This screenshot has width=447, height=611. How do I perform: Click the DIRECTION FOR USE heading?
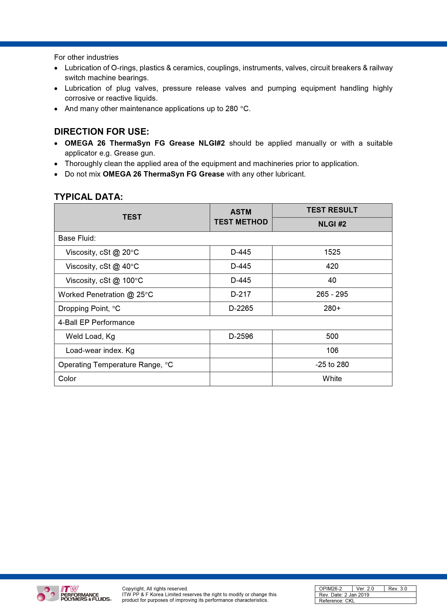coord(101,132)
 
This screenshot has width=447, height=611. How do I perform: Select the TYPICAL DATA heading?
coord(88,197)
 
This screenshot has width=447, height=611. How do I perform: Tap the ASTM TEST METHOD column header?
coord(241,217)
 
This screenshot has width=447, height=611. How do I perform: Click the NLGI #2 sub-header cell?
coord(332,224)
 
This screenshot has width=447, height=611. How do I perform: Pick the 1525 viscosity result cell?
coord(332,252)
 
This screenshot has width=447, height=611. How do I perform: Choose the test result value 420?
coord(332,266)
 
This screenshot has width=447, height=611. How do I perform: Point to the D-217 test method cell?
coord(241,294)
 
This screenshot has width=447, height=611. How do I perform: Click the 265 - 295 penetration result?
coord(332,294)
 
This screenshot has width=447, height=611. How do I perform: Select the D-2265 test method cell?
coord(241,308)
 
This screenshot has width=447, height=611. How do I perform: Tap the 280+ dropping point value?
coord(332,308)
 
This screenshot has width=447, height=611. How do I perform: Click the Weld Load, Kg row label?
coord(90,336)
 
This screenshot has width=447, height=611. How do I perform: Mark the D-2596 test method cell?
coord(241,336)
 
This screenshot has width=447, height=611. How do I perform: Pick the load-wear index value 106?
coord(332,351)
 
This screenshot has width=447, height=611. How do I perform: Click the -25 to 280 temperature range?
coord(332,365)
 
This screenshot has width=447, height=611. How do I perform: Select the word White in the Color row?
coord(332,379)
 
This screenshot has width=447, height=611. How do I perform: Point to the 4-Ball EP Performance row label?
coord(96,322)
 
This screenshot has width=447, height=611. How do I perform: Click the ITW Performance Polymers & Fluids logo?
coord(74,594)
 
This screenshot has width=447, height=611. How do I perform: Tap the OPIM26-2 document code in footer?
coord(330,588)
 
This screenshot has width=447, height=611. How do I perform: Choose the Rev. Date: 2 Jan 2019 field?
coord(344,595)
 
